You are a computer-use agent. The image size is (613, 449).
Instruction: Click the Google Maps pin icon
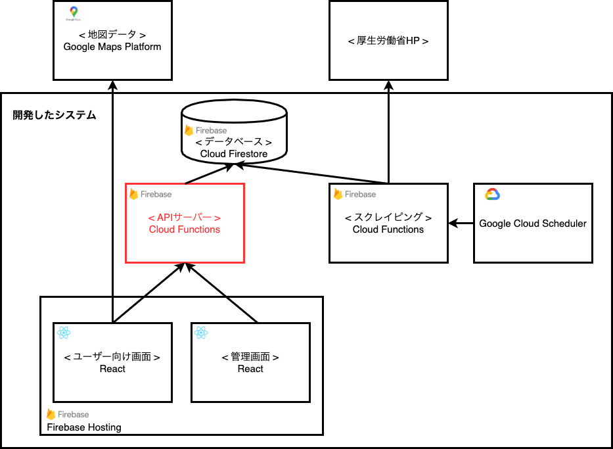[x=72, y=12]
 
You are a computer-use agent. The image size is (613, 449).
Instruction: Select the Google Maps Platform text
[x=112, y=47]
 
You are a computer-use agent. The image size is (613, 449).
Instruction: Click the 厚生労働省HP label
[x=388, y=41]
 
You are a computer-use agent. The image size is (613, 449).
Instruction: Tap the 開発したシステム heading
[x=55, y=115]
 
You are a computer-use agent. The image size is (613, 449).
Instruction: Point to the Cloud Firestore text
[x=234, y=154]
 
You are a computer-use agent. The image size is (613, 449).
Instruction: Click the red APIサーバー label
[x=185, y=218]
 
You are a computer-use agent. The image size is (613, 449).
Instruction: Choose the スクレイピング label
[x=388, y=218]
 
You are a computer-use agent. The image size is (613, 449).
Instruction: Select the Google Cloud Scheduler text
[x=533, y=224]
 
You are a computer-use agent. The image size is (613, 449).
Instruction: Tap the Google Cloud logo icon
[x=493, y=195]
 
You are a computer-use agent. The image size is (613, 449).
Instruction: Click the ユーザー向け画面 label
[x=112, y=357]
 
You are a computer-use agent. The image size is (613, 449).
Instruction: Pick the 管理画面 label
[x=250, y=357]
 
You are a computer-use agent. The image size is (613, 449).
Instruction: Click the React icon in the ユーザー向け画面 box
[x=64, y=333]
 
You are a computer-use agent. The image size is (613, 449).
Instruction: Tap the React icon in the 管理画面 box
[x=201, y=333]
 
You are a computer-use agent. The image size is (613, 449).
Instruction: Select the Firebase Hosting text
[x=84, y=427]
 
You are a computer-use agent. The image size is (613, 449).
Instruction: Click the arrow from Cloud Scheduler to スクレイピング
[x=461, y=224]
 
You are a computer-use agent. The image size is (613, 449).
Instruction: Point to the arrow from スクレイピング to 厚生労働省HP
[x=388, y=131]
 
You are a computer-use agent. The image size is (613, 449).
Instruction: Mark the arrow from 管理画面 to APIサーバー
[x=221, y=293]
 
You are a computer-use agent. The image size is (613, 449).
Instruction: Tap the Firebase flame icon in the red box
[x=133, y=194]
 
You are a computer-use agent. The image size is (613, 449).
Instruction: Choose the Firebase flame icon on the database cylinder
[x=189, y=130]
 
